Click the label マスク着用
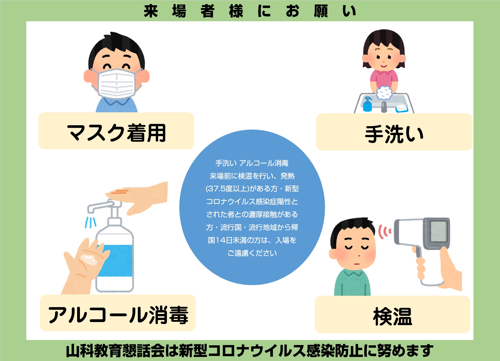(116, 133)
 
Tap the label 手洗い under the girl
(394, 134)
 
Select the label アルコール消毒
(118, 315)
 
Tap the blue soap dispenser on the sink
(367, 104)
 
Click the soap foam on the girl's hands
(384, 93)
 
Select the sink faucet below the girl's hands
(384, 107)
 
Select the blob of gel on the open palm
(89, 259)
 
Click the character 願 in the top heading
(321, 11)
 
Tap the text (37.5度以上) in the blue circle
(227, 189)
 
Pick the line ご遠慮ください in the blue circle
(252, 253)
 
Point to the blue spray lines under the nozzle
(90, 222)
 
